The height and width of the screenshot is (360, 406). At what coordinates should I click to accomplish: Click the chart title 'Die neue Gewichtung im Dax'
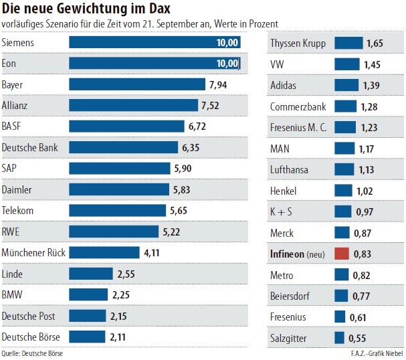[x=86, y=9]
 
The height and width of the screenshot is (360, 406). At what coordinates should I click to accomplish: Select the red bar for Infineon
[x=342, y=254]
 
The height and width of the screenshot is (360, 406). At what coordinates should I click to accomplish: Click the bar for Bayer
[x=137, y=85]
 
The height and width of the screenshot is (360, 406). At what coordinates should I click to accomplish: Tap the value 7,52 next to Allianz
[x=209, y=106]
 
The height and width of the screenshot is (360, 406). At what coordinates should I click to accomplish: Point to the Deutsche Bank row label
[x=30, y=147]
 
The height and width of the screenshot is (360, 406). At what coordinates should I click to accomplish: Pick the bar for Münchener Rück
[x=104, y=253]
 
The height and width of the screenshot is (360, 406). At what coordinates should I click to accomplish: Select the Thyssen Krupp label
[x=298, y=43]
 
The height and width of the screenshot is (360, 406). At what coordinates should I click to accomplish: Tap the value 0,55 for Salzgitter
[x=357, y=337]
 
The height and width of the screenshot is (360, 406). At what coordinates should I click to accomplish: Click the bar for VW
[x=346, y=64]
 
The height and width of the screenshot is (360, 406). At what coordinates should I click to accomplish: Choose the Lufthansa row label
[x=289, y=169]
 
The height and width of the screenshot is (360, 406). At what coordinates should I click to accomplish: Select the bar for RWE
[x=114, y=232]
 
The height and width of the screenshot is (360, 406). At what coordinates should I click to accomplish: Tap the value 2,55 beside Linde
[x=126, y=274]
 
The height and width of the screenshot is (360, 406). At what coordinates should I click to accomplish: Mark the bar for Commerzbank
[x=345, y=106]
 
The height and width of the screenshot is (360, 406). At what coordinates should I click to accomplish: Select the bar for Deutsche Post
[x=88, y=316]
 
